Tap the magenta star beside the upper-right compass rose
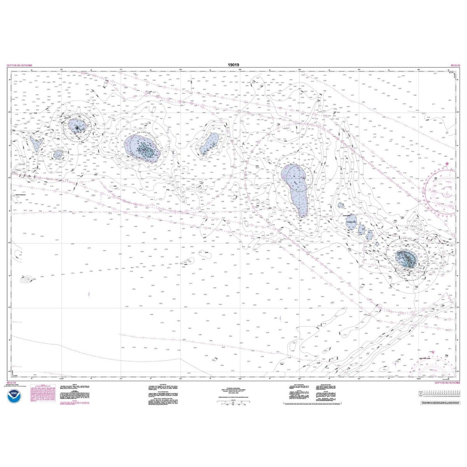pyautogui.click(x=447, y=164)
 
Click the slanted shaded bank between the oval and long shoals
pyautogui.click(x=209, y=144)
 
